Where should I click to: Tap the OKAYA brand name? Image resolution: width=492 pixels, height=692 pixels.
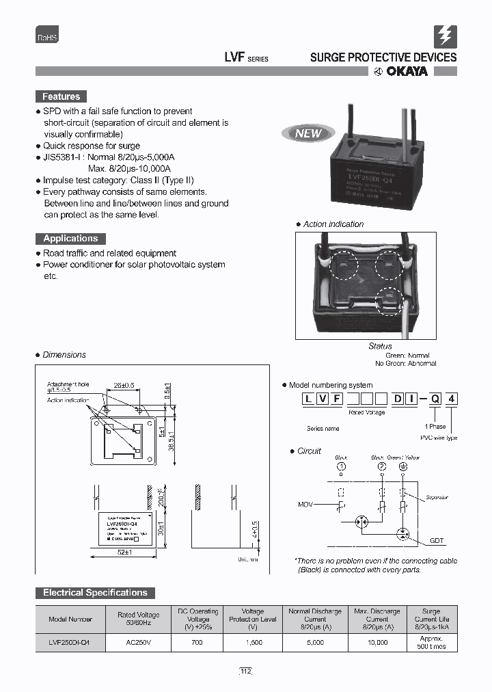(x=405, y=72)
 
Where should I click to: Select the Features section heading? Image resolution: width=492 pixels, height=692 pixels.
(x=61, y=96)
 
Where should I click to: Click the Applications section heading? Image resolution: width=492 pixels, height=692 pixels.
(x=70, y=239)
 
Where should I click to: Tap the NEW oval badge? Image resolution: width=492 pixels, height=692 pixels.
(x=307, y=133)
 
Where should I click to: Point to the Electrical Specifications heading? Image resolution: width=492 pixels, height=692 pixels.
(x=95, y=593)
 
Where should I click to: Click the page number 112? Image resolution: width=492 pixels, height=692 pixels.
(x=245, y=672)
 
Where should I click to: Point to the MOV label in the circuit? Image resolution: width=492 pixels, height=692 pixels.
(x=305, y=505)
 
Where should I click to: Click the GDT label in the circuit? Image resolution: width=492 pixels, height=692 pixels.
(x=437, y=541)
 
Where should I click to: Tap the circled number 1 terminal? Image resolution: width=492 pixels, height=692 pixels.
(x=341, y=466)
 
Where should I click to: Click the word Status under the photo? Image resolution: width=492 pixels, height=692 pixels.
(x=380, y=347)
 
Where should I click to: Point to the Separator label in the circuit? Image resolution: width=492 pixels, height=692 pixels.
(x=437, y=497)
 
